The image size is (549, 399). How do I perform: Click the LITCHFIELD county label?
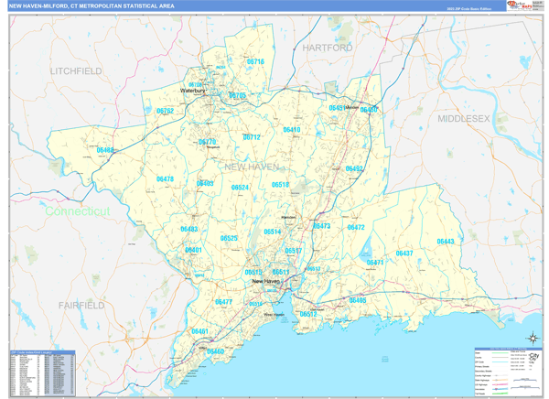click(77, 70)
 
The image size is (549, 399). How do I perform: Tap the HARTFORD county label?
click(327, 47)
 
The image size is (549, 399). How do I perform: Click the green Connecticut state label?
click(78, 211)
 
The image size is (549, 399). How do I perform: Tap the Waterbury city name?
click(193, 92)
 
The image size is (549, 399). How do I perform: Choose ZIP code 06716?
click(254, 62)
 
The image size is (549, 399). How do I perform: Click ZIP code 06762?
click(165, 111)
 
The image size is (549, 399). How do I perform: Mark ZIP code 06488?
click(105, 150)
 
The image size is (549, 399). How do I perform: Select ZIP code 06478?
click(165, 179)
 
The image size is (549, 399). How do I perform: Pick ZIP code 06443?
click(445, 242)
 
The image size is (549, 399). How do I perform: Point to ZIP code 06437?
click(404, 253)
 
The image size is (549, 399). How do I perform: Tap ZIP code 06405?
click(357, 300)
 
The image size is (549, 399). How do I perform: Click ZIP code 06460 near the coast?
click(215, 351)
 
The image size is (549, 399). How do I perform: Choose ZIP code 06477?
click(223, 302)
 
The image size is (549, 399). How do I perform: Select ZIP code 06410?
click(291, 130)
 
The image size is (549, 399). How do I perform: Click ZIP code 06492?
click(354, 169)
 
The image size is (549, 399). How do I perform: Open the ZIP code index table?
click(42, 372)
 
